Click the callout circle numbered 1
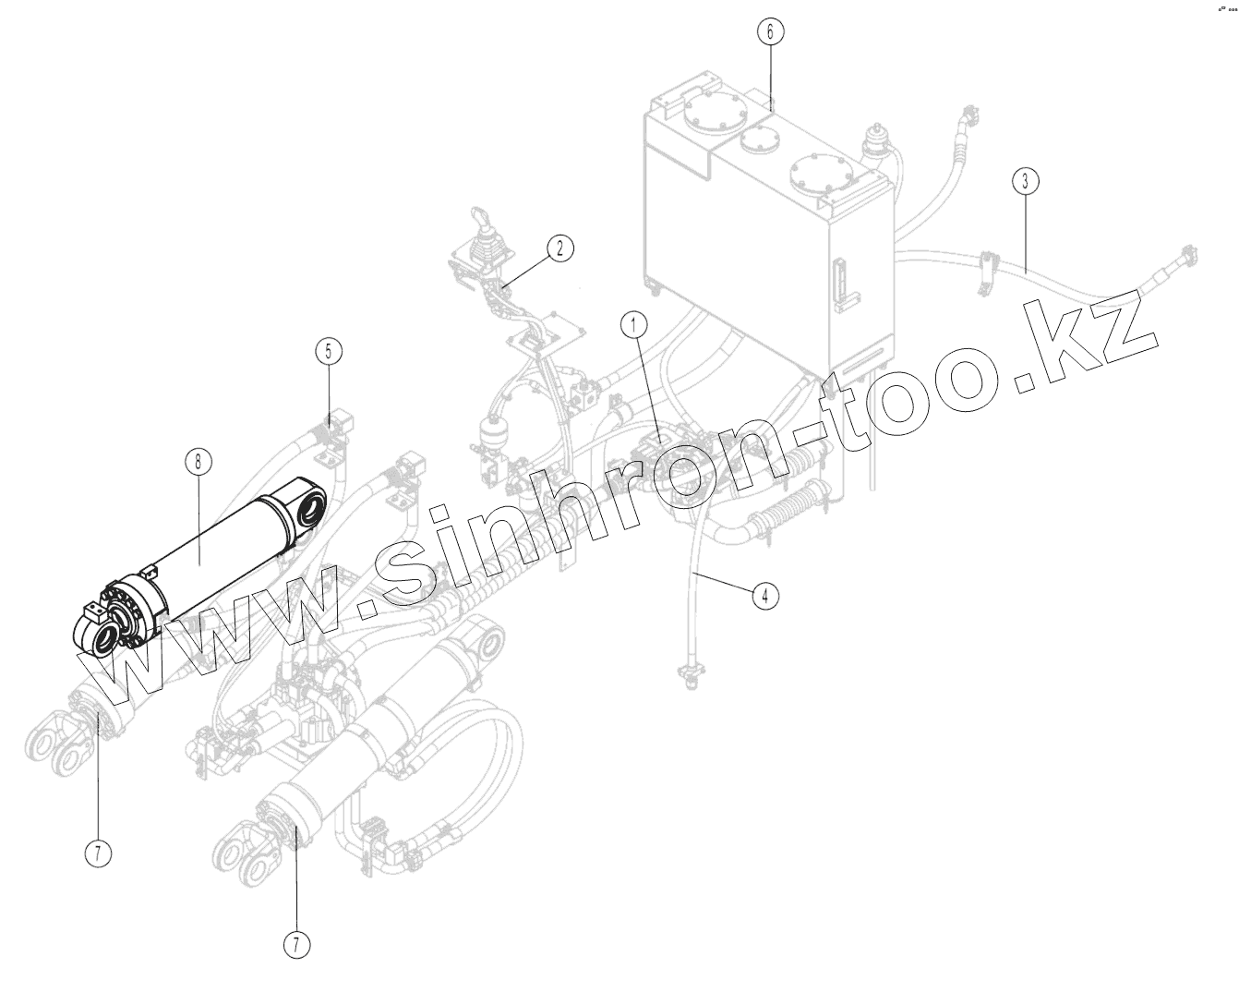(633, 326)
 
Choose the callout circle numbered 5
(328, 351)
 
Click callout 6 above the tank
(771, 31)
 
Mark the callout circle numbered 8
(197, 459)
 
